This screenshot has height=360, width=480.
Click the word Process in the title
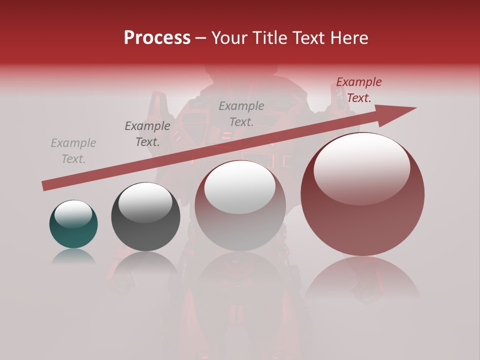157,38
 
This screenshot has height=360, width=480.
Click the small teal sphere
73,225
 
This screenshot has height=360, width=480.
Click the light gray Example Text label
73,151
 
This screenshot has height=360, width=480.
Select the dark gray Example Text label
147,134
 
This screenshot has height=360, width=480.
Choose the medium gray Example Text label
241,113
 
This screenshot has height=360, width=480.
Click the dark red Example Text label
359,90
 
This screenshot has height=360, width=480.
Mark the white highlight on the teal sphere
73,214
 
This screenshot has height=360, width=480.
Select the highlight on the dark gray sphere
145,202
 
